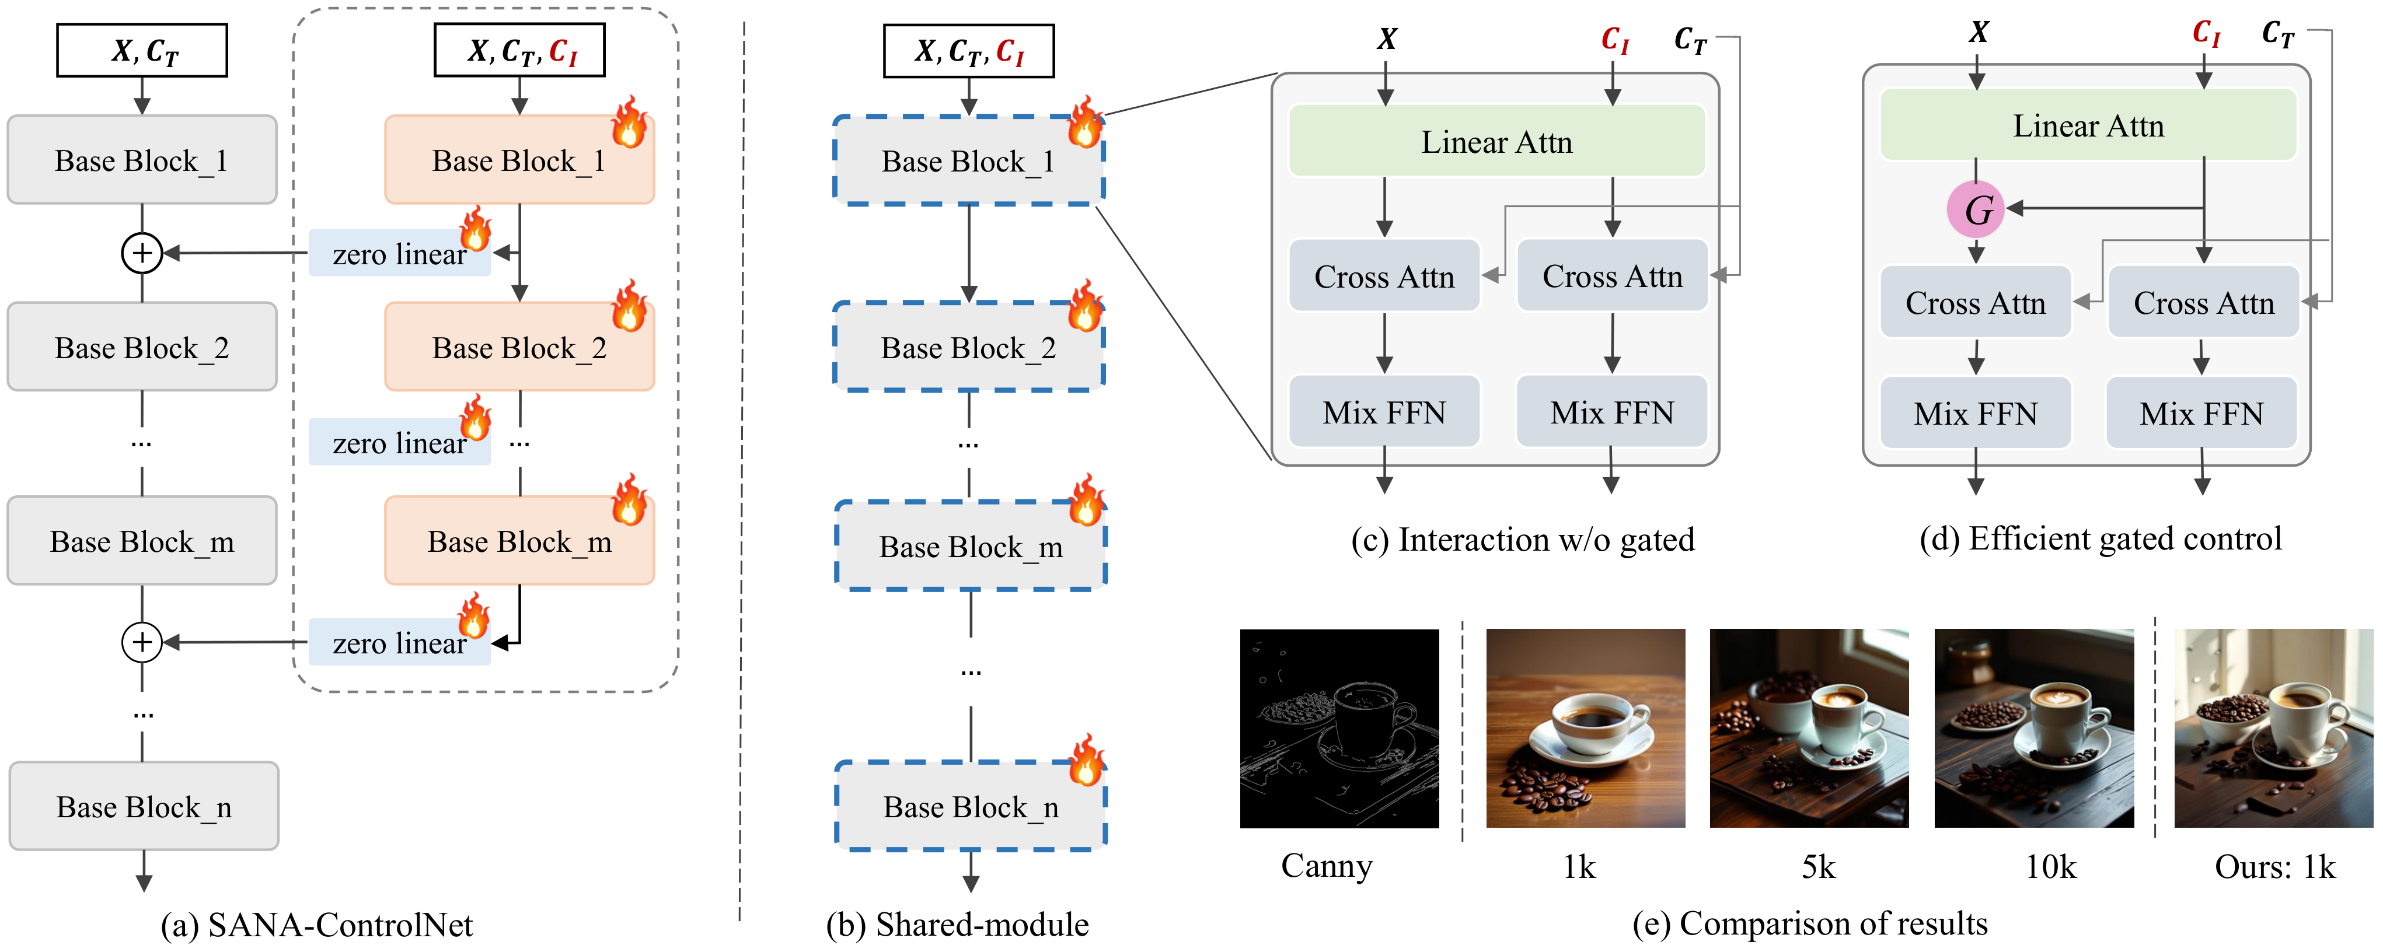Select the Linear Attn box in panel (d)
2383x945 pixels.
click(x=2088, y=125)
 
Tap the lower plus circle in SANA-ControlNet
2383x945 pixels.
click(x=142, y=642)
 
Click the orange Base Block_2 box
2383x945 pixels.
click(x=519, y=348)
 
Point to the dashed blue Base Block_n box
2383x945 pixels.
click(x=971, y=806)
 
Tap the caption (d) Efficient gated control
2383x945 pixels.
click(x=2100, y=539)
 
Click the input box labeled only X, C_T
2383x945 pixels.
click(x=142, y=51)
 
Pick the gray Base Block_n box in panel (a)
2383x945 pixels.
click(x=144, y=806)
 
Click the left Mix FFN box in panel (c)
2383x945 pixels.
click(x=1384, y=411)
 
